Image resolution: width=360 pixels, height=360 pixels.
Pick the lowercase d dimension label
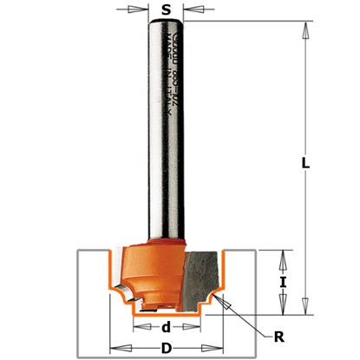point(166,328)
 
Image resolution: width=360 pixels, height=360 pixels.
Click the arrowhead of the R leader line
point(220,298)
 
